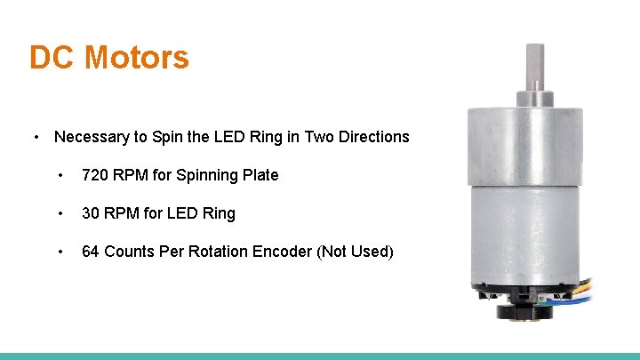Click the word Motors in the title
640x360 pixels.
137,58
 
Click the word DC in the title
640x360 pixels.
53,58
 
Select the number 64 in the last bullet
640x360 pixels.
91,252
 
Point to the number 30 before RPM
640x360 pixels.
91,213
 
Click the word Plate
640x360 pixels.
260,175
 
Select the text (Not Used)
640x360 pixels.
355,252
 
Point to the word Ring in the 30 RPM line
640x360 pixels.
219,213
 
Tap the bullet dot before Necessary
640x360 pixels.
36,138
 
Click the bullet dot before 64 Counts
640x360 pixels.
60,252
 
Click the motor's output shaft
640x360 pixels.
534,67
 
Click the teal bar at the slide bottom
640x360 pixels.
320,356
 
